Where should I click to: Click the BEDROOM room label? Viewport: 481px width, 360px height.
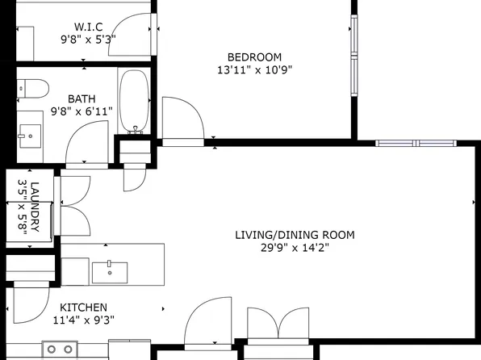(x=254, y=57)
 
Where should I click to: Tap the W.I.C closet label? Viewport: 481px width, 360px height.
(x=88, y=27)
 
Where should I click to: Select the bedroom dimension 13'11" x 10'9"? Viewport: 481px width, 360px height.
(x=254, y=70)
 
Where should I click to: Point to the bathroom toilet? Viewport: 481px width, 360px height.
(x=33, y=89)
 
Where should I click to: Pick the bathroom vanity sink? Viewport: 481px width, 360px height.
(x=30, y=136)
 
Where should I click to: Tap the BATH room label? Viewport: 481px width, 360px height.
(x=82, y=99)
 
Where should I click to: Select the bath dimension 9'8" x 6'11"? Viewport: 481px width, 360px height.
(x=82, y=111)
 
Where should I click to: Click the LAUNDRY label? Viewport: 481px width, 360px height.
(x=35, y=207)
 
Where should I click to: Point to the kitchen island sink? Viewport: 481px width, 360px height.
(x=110, y=272)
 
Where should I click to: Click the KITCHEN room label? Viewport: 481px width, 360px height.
(x=83, y=308)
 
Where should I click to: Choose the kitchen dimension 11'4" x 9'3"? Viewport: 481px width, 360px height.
(x=83, y=320)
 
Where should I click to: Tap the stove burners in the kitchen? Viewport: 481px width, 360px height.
(x=60, y=350)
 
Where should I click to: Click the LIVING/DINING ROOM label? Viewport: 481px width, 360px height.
(x=295, y=235)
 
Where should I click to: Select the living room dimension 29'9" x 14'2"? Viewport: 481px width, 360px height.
(x=295, y=247)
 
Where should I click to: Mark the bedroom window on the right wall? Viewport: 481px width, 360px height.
(x=354, y=56)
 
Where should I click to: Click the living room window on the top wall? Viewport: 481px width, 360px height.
(x=416, y=143)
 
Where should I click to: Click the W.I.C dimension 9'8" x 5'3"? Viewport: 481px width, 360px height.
(x=88, y=40)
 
